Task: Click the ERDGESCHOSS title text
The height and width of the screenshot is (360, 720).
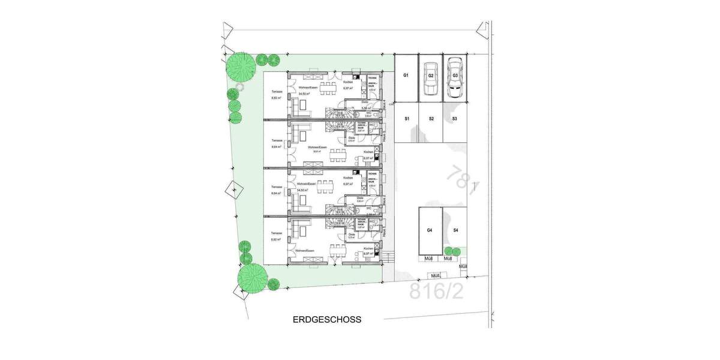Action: point(327,320)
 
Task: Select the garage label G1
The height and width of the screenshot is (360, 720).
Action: point(406,76)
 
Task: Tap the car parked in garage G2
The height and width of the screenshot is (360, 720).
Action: point(430,78)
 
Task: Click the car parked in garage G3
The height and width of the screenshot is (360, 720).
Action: point(455,78)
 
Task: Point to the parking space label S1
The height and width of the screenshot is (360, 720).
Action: point(406,119)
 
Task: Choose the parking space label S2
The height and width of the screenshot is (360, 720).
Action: point(431,119)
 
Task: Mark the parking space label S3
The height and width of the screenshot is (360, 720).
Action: point(455,119)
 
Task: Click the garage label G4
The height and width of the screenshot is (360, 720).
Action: point(430,230)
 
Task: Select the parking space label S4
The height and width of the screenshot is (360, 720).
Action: point(455,230)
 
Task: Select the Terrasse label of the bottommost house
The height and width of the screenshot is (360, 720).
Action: point(277,233)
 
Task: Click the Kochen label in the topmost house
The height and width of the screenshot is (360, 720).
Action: point(348,82)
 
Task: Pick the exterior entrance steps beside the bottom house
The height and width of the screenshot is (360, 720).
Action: point(388,259)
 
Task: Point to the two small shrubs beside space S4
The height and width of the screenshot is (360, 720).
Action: point(452,251)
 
